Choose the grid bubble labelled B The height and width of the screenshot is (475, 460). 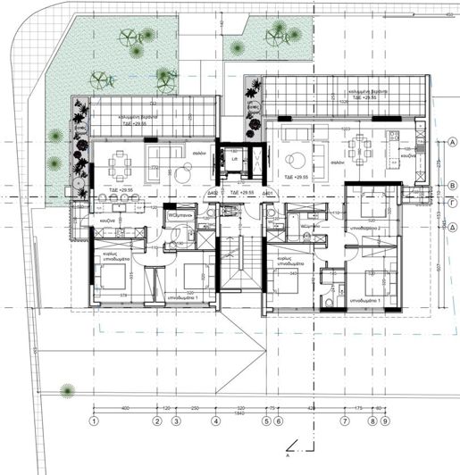(453, 186)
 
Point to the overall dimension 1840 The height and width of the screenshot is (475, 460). (239, 413)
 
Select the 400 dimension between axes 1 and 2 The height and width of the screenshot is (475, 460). (125, 407)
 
